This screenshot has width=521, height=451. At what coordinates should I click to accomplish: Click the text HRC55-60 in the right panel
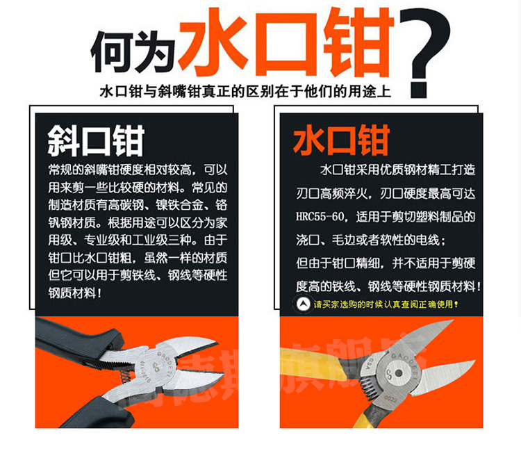tap(321, 217)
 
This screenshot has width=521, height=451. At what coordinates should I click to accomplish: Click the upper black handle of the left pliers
tap(76, 337)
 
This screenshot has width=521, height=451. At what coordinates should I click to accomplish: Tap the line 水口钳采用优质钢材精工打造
tap(397, 170)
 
